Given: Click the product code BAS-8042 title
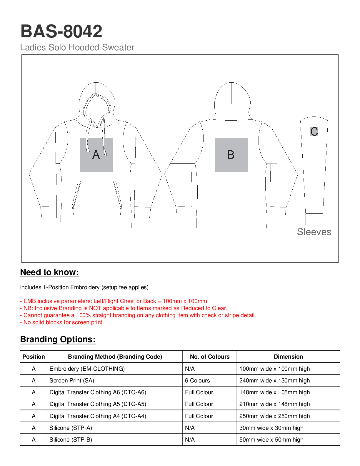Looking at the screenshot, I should tap(61, 31).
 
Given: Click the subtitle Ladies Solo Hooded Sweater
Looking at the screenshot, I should tap(77, 47).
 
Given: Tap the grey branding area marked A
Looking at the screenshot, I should tap(96, 154).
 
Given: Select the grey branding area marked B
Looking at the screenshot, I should tap(231, 154).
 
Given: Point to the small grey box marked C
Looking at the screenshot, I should tap(314, 131).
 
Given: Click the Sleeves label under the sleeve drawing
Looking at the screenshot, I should tap(314, 232).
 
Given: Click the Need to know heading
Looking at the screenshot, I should tap(49, 272).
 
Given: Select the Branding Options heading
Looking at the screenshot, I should tap(58, 339).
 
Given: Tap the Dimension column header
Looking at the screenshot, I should tap(288, 357).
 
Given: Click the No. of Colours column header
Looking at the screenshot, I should tap(210, 357).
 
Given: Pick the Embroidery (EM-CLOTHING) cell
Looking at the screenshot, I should tap(87, 369).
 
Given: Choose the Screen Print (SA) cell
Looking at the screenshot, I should tap(72, 380).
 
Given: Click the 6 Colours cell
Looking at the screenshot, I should tap(197, 380).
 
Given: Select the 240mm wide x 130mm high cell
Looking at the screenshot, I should tap(274, 380).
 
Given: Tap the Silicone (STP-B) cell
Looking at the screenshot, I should tap(71, 440).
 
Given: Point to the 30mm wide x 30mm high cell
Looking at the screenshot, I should tap(271, 428).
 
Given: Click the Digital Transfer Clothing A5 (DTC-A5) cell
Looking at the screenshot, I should tap(98, 404).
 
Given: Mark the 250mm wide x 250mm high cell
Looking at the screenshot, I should tap(274, 416).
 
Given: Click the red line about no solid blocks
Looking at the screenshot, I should tap(62, 322).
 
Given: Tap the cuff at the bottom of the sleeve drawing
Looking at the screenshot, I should tap(314, 219).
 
